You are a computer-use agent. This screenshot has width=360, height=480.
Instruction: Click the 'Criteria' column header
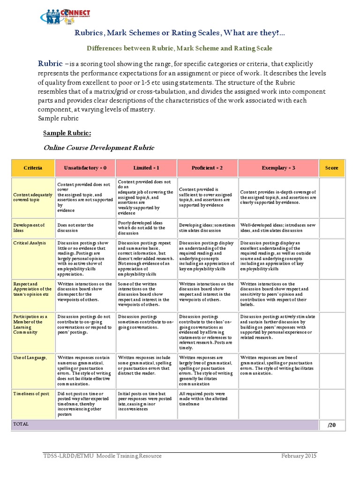33,168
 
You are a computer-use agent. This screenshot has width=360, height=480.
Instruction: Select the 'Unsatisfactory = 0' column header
85,168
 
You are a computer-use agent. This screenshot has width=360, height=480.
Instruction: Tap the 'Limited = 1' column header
146,168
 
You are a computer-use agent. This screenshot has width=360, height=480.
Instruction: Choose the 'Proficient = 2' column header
207,168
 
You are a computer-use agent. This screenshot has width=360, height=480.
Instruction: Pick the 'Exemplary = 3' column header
278,168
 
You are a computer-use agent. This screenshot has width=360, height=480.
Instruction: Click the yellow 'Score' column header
331,168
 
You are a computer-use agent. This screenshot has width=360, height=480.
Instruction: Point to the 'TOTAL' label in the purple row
21,424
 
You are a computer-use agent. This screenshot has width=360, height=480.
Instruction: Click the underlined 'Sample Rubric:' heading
67,133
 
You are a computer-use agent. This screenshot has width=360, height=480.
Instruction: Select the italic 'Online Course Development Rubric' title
98,148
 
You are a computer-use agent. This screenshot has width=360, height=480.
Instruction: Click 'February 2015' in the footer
299,456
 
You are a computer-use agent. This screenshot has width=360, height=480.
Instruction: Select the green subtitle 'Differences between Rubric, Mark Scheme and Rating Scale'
180,48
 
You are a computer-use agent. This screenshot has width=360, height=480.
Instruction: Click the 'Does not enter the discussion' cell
76,228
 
